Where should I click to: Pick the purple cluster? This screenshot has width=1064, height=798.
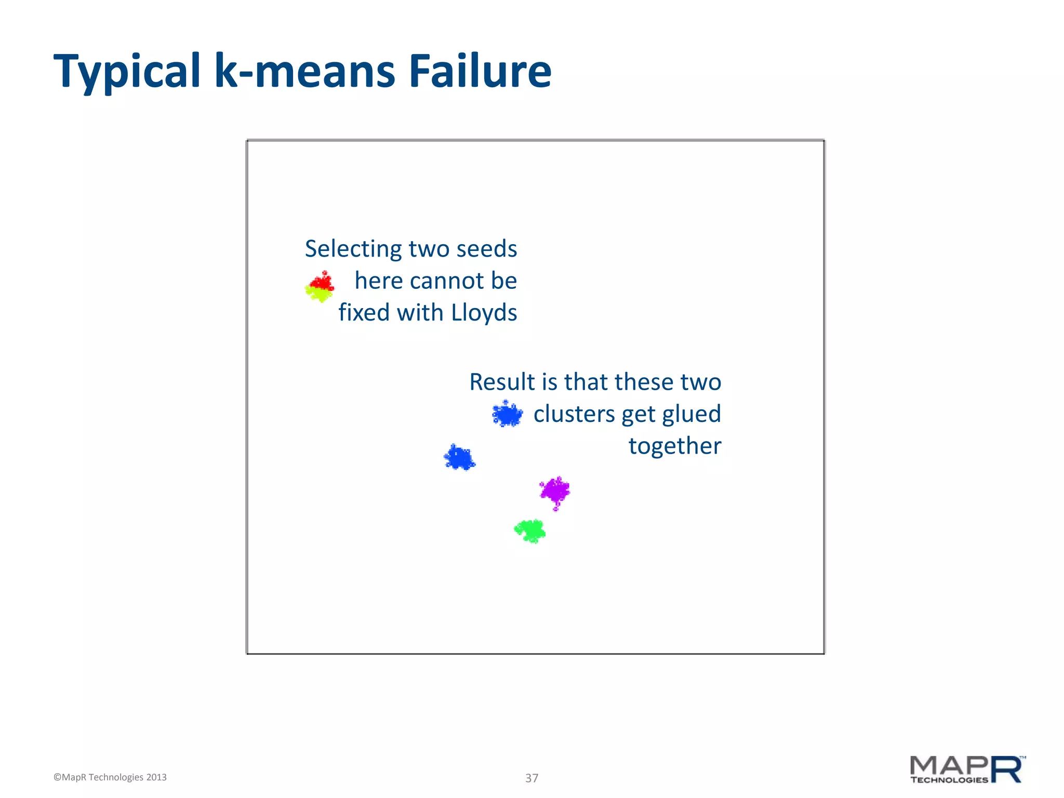click(x=555, y=490)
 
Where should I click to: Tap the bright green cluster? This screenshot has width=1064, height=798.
click(x=530, y=531)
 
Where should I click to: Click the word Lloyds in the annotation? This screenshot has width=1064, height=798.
click(x=484, y=313)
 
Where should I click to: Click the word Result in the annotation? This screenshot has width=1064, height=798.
click(x=502, y=382)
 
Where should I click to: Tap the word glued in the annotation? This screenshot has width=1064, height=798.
click(x=691, y=414)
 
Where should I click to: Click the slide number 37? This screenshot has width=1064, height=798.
click(x=531, y=778)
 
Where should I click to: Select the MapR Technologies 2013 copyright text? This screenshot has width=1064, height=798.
click(x=110, y=777)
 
